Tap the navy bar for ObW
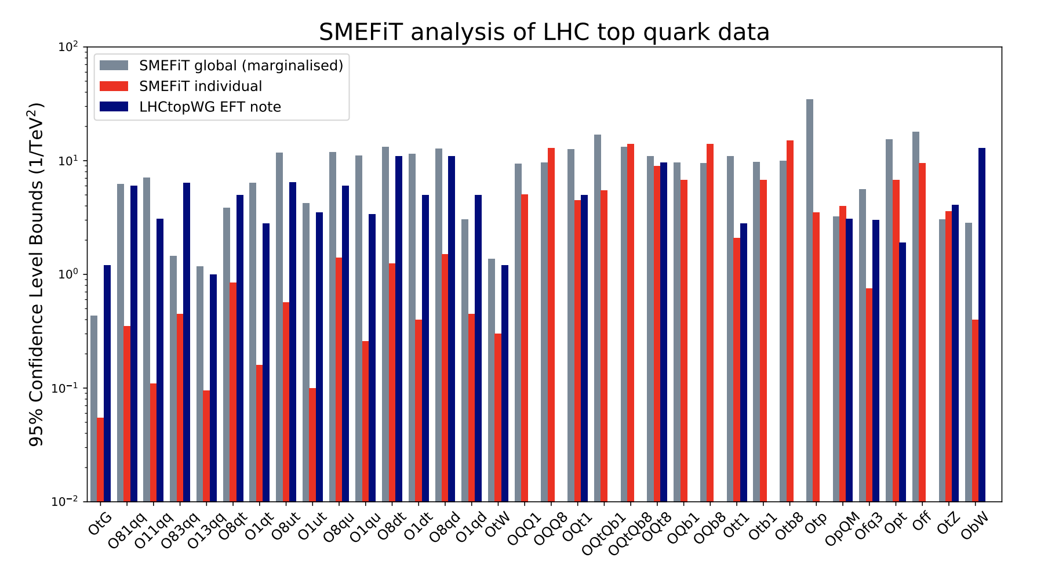click(x=982, y=325)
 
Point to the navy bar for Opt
click(x=903, y=372)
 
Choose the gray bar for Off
click(x=915, y=317)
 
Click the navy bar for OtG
click(x=107, y=383)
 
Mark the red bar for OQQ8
click(x=551, y=325)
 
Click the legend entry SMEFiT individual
click(x=200, y=86)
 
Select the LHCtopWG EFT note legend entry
click(x=210, y=107)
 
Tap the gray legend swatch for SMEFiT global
click(x=114, y=66)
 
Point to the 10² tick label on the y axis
click(x=68, y=46)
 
